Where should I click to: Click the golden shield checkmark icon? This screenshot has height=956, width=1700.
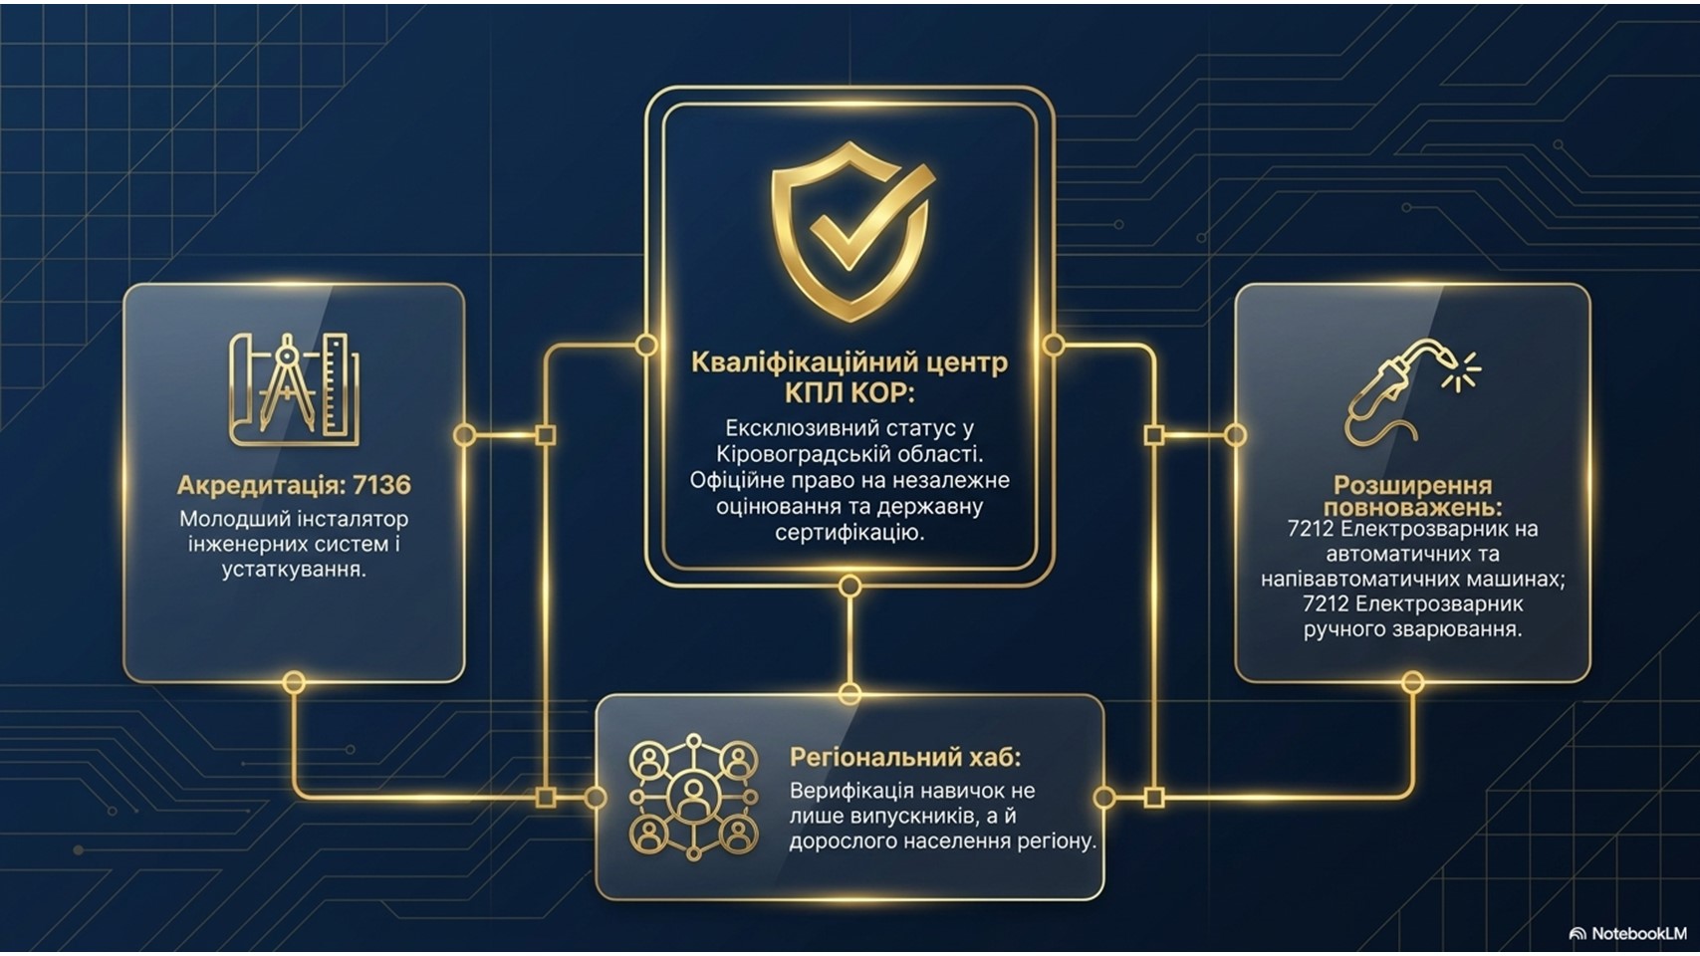point(851,231)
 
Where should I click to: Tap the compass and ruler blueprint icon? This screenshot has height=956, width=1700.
point(295,389)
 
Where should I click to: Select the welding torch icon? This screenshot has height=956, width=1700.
point(1411,391)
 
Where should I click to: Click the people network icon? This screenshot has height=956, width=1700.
point(694,797)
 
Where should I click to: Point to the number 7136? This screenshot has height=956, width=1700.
point(381,485)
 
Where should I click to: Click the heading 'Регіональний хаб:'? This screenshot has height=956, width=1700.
point(905,757)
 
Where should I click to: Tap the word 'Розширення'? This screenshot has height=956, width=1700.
point(1413,485)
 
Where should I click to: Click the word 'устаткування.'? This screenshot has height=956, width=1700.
point(295,570)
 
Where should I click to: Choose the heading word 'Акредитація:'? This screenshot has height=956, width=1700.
point(261,486)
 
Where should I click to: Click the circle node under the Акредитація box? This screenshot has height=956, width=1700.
point(294,683)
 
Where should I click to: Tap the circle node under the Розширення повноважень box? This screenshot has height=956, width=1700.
point(1412,682)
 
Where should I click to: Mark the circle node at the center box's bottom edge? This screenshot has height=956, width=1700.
point(850,586)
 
